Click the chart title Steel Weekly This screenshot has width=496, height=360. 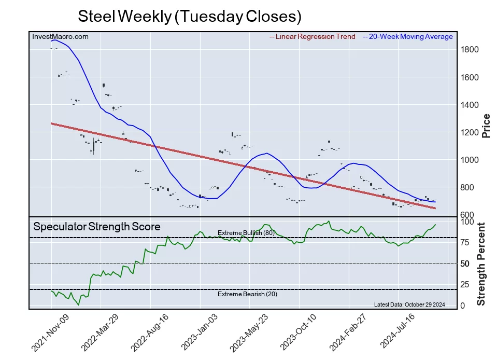tap(189, 16)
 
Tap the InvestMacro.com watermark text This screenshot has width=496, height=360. tap(60, 37)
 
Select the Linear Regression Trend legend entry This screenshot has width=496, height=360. tap(313, 37)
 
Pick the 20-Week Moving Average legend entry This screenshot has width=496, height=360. tap(408, 37)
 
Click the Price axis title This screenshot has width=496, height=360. tap(486, 126)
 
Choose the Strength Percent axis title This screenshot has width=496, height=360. tap(481, 264)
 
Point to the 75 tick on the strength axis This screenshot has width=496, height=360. tap(466, 242)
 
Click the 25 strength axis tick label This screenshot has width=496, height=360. tap(466, 284)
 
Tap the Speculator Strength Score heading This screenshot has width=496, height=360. tap(97, 227)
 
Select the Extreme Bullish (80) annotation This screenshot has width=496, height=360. tap(246, 233)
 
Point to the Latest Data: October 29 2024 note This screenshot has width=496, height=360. tap(409, 304)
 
